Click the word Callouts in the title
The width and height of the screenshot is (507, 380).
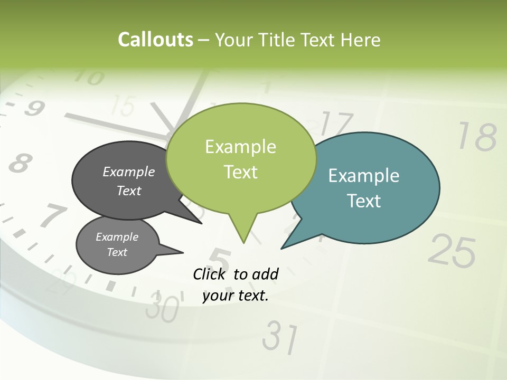click(155, 40)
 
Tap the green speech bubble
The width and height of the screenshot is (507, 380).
click(241, 158)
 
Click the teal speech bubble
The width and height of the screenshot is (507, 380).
click(370, 187)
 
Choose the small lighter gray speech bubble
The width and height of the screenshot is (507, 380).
click(117, 244)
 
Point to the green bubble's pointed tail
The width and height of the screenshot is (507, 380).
click(243, 232)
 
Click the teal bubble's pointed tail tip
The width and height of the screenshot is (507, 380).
click(283, 247)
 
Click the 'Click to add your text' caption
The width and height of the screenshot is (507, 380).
click(236, 285)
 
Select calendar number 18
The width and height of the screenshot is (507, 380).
click(476, 137)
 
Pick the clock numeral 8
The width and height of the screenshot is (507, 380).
click(20, 164)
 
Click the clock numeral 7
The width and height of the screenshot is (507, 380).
click(53, 216)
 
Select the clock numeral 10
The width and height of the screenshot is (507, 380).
click(87, 78)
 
